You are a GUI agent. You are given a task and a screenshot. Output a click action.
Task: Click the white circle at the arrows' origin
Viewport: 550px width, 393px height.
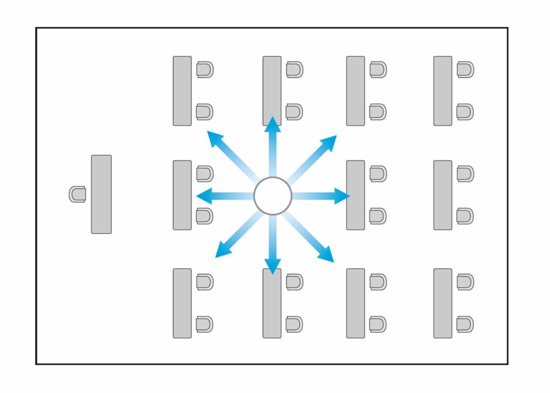pyautogui.click(x=273, y=196)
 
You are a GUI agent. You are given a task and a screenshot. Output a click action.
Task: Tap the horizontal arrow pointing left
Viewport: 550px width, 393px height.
pyautogui.click(x=225, y=196)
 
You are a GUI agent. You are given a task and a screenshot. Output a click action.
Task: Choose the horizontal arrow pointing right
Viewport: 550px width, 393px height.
pyautogui.click(x=321, y=196)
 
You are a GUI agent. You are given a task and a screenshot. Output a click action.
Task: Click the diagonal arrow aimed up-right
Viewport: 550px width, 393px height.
pyautogui.click(x=312, y=158)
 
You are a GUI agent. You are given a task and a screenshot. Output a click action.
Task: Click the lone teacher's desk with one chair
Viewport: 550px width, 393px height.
pyautogui.click(x=101, y=194)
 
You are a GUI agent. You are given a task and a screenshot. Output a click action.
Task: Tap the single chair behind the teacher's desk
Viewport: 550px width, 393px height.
pyautogui.click(x=77, y=194)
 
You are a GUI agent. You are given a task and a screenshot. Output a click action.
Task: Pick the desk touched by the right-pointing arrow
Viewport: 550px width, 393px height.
pyautogui.click(x=356, y=195)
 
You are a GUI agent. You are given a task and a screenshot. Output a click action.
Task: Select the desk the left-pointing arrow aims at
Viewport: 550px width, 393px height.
pyautogui.click(x=182, y=195)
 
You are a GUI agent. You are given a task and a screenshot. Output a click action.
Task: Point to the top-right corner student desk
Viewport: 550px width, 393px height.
pyautogui.click(x=443, y=91)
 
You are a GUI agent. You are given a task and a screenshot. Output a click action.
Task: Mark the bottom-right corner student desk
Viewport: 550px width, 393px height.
pyautogui.click(x=443, y=303)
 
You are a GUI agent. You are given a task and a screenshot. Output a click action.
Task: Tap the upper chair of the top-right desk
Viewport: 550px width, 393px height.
pyautogui.click(x=465, y=70)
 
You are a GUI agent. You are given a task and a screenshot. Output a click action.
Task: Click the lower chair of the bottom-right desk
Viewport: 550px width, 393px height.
pyautogui.click(x=465, y=324)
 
